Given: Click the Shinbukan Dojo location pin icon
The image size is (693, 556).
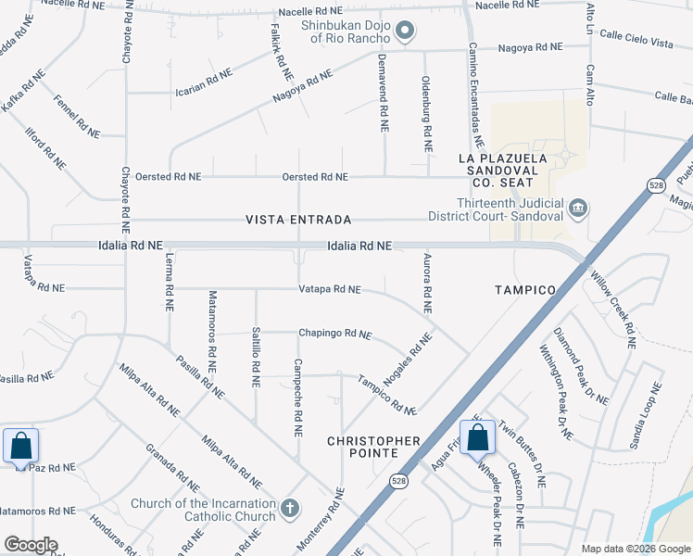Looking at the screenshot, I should [x=403, y=32].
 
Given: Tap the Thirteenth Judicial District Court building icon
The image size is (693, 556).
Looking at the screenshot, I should [x=577, y=207].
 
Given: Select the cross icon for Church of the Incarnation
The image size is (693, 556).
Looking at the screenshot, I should [x=290, y=508].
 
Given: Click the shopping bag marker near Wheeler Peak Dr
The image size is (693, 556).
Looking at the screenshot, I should [x=477, y=437].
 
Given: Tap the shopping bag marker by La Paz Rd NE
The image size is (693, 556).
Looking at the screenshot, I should [x=20, y=446].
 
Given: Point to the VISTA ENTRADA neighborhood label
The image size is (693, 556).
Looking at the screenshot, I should [x=297, y=220].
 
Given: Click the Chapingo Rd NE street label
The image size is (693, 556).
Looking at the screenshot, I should [x=334, y=334].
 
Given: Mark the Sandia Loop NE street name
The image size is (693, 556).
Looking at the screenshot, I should [x=646, y=417].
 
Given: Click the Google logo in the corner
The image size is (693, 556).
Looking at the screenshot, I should [x=31, y=545].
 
